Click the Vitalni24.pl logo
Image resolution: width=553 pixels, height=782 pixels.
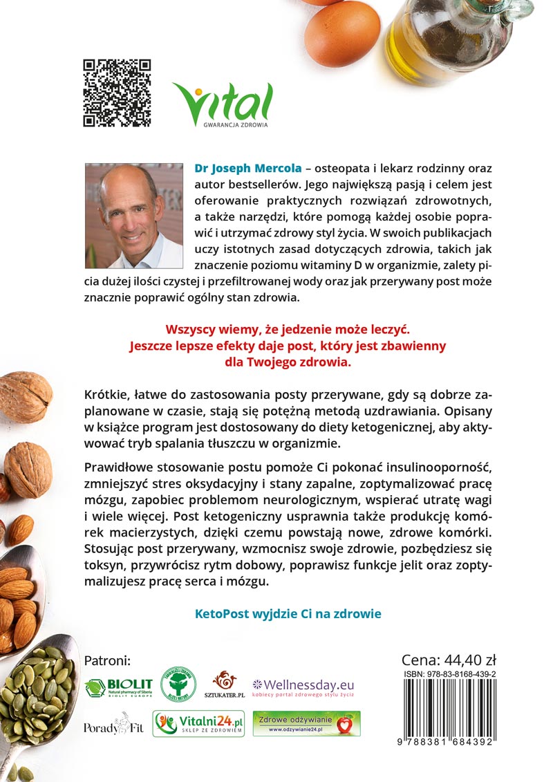point(198,724)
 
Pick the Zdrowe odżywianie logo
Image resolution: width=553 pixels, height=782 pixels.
point(306,723)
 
